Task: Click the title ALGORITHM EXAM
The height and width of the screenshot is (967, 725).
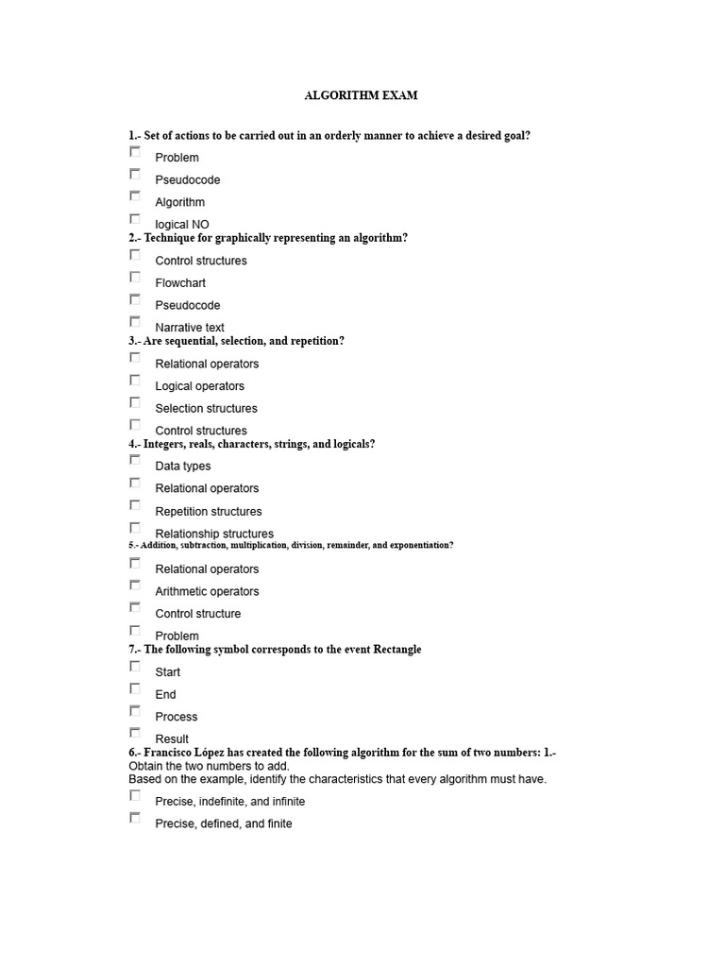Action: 361,95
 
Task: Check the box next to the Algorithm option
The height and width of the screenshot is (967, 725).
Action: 135,196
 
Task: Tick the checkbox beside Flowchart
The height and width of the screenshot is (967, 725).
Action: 135,277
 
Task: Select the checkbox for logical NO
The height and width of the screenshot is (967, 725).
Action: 135,219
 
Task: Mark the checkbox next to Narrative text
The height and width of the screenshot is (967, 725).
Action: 135,322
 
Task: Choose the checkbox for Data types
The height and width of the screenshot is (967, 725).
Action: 135,460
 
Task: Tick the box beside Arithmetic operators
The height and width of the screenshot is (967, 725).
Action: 135,585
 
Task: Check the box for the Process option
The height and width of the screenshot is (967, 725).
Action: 135,711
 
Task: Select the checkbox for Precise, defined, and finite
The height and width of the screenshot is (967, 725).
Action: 135,818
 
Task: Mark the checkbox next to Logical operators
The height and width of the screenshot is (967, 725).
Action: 135,381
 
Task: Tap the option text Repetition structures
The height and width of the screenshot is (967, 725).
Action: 209,512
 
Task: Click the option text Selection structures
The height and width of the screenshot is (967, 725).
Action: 206,409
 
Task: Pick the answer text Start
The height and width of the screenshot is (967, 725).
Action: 168,672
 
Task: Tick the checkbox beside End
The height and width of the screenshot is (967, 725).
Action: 135,688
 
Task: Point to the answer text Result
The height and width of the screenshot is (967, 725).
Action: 172,739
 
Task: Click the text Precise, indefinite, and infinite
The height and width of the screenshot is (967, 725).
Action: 230,802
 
